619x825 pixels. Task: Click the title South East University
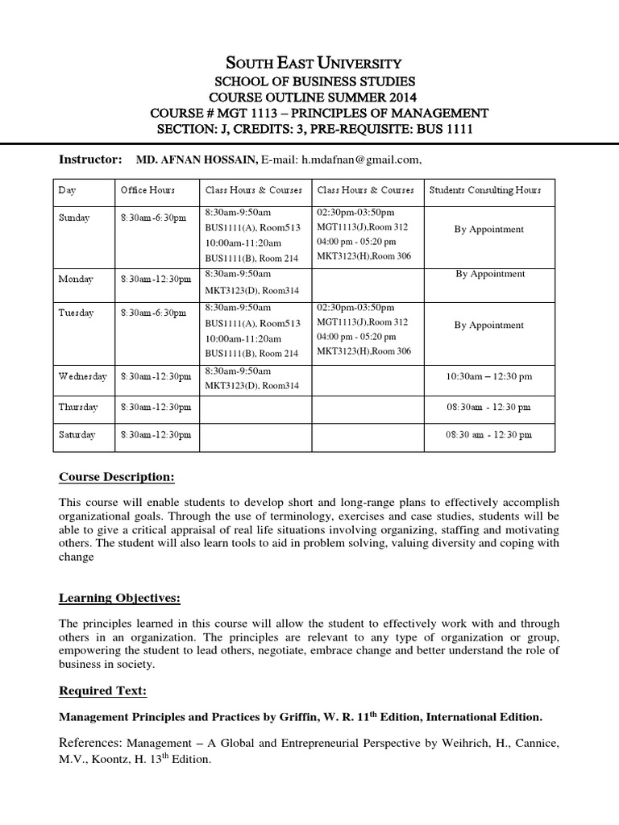pos(309,62)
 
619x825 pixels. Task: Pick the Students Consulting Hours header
pos(485,190)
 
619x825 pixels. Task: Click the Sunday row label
pos(74,218)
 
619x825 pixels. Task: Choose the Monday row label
pos(76,279)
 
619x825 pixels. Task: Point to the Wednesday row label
pos(81,375)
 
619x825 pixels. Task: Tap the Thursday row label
pos(77,407)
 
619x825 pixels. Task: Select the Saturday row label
pos(77,434)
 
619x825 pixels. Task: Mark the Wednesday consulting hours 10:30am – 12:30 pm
pos(488,376)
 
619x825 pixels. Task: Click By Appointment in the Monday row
pos(489,274)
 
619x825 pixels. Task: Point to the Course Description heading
pos(116,477)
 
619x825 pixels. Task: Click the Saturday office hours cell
pos(156,434)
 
